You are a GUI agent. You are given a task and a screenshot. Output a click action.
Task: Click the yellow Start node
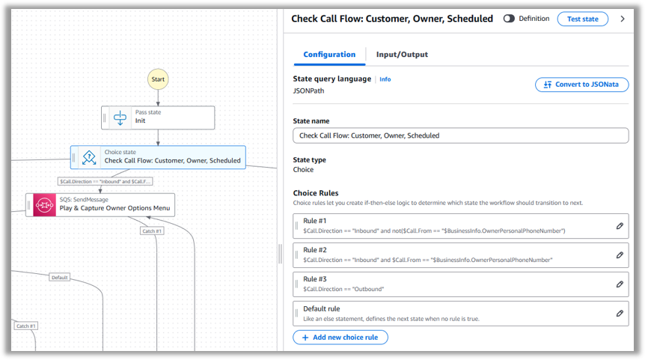[x=158, y=79]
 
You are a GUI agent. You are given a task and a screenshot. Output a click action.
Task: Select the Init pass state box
[x=158, y=118]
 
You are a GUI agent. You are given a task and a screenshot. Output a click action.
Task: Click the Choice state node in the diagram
[x=158, y=156]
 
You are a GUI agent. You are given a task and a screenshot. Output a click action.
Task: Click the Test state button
[x=582, y=19]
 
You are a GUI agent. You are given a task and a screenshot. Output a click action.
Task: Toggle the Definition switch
[x=509, y=19]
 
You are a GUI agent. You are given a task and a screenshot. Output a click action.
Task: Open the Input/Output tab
[x=402, y=55]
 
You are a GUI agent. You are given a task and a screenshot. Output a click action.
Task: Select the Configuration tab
[x=329, y=55]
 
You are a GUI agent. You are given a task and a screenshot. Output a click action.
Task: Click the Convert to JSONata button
[x=581, y=85]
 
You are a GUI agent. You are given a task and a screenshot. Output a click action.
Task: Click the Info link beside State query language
[x=385, y=79]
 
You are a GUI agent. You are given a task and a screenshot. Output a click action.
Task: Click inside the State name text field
[x=460, y=135]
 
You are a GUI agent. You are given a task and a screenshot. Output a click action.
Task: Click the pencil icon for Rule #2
[x=620, y=255]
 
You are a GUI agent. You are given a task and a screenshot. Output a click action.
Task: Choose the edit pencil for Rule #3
[x=620, y=284]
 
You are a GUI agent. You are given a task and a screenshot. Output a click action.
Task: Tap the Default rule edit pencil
[x=620, y=314]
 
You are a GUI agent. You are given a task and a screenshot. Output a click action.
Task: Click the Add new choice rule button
[x=340, y=338]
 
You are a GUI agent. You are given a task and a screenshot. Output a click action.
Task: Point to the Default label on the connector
[x=60, y=278]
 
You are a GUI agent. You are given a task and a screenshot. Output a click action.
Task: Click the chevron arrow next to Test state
[x=623, y=19]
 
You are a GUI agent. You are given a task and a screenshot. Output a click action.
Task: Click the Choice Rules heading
[x=316, y=193]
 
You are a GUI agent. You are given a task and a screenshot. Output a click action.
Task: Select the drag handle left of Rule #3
[x=298, y=284]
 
